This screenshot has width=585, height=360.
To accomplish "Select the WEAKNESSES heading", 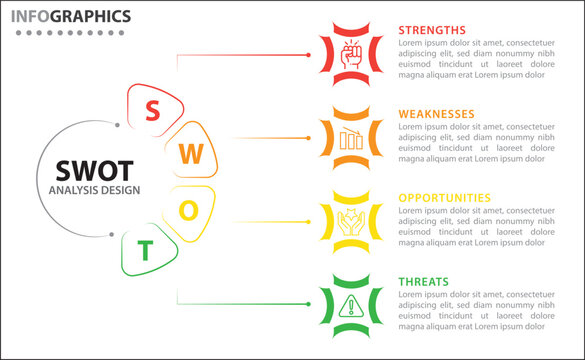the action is point(437,114).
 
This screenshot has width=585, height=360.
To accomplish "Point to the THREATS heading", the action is point(424,282).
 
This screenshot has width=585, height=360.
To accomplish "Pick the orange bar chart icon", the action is point(351,138).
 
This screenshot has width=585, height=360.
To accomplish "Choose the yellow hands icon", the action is point(351,221).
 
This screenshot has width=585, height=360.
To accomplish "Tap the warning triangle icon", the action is point(351,305).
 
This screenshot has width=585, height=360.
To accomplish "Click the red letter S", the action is point(153,110).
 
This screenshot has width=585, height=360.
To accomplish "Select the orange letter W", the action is point(196,154).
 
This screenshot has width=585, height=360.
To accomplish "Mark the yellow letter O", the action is point(196,210).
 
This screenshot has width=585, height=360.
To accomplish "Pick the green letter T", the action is point(146,251).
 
